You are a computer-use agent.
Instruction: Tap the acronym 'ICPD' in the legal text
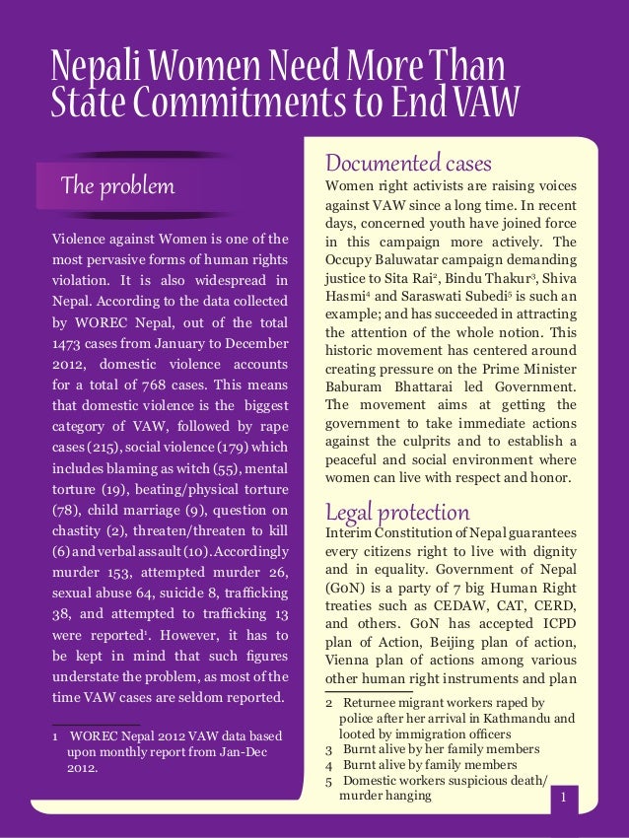point(555,637)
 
